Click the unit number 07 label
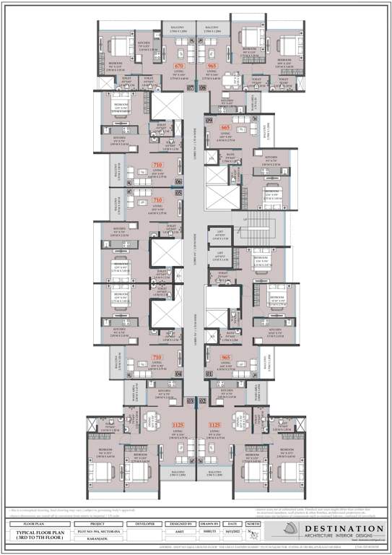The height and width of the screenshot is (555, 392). point(191,87)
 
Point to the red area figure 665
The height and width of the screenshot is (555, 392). point(225,127)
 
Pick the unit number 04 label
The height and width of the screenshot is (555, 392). point(178,374)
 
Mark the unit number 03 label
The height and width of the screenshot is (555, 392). point(191,400)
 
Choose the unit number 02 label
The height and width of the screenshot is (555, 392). point(202,400)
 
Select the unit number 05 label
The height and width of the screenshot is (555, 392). point(178,194)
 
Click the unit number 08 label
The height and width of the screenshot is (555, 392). point(202,87)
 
